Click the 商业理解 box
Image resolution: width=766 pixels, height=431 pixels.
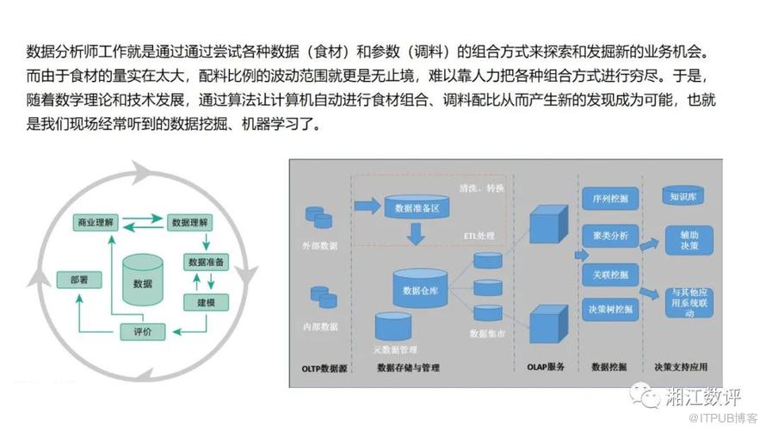pyautogui.click(x=96, y=222)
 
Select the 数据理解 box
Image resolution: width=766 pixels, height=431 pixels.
pyautogui.click(x=190, y=222)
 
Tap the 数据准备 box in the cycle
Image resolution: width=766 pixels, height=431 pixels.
pyautogui.click(x=206, y=262)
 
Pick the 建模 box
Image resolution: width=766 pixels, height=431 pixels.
pyautogui.click(x=206, y=302)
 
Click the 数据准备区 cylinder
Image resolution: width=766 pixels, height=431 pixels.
pyautogui.click(x=417, y=207)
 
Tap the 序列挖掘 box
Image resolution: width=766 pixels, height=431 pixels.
pyautogui.click(x=610, y=199)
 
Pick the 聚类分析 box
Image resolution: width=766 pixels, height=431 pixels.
pyautogui.click(x=610, y=236)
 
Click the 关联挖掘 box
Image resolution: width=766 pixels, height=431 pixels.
pyautogui.click(x=610, y=274)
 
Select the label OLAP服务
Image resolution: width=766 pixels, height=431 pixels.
pyautogui.click(x=546, y=367)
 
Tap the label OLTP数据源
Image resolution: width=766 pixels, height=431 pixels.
pyautogui.click(x=322, y=368)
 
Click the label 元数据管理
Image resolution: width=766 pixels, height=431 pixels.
pyautogui.click(x=395, y=349)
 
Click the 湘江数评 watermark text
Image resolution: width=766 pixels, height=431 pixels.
pyautogui.click(x=703, y=397)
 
